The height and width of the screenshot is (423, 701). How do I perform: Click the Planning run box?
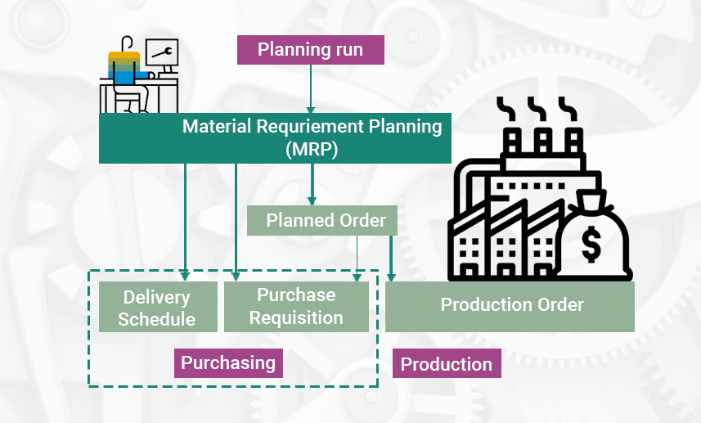pyautogui.click(x=311, y=50)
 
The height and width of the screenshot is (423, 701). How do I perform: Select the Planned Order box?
pyautogui.click(x=322, y=221)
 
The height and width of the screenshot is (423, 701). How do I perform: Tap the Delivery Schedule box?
pyautogui.click(x=158, y=308)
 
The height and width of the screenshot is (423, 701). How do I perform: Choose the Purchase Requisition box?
pyautogui.click(x=296, y=307)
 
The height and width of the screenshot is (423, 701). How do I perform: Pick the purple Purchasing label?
pyautogui.click(x=228, y=362)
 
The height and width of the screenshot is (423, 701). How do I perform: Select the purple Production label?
pyautogui.click(x=447, y=364)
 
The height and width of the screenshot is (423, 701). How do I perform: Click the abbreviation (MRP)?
pyautogui.click(x=312, y=150)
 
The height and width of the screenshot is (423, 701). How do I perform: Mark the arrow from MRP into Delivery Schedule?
pyautogui.click(x=186, y=221)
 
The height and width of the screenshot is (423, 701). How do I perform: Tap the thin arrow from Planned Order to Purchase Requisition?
pyautogui.click(x=357, y=258)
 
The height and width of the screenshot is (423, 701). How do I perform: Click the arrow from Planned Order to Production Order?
pyautogui.click(x=391, y=258)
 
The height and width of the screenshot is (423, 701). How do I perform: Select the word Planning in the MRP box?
pyautogui.click(x=407, y=127)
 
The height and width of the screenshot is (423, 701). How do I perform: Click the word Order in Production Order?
pyautogui.click(x=559, y=305)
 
